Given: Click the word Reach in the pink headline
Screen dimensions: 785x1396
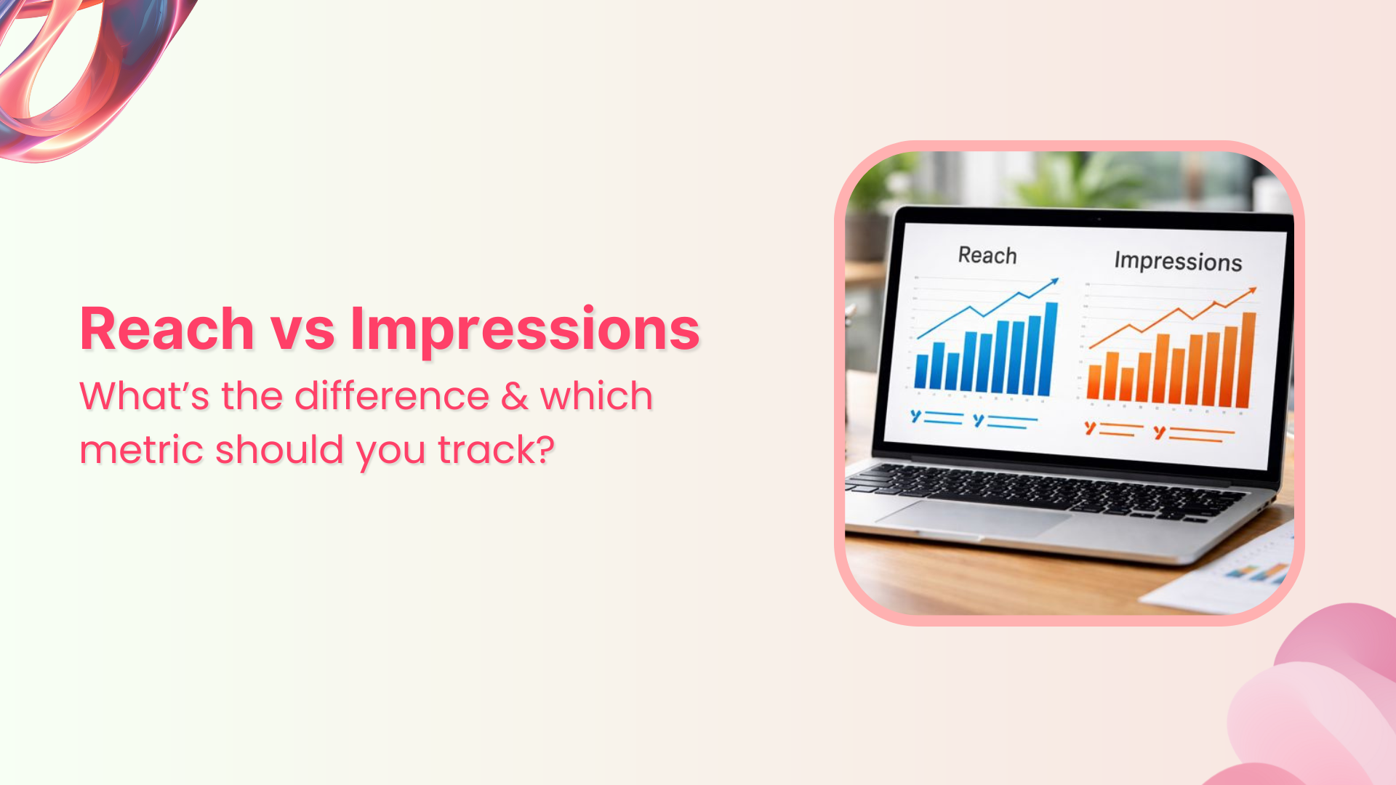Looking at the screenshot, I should pos(167,329).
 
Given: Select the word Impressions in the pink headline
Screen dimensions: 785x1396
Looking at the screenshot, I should pos(525,331).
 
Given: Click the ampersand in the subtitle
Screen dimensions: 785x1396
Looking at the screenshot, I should pos(515,396).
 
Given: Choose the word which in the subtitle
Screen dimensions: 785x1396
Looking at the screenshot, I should pos(596,396).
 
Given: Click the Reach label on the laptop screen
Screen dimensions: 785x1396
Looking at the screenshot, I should pos(987,255).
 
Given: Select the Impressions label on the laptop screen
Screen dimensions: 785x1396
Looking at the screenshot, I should pos(1178,262).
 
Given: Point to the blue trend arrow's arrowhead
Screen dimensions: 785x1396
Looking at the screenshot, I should pos(1055,281).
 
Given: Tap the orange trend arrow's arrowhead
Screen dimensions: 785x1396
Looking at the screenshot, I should pos(1252,291).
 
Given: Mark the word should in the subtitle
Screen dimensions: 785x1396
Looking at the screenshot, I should pos(279,450).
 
